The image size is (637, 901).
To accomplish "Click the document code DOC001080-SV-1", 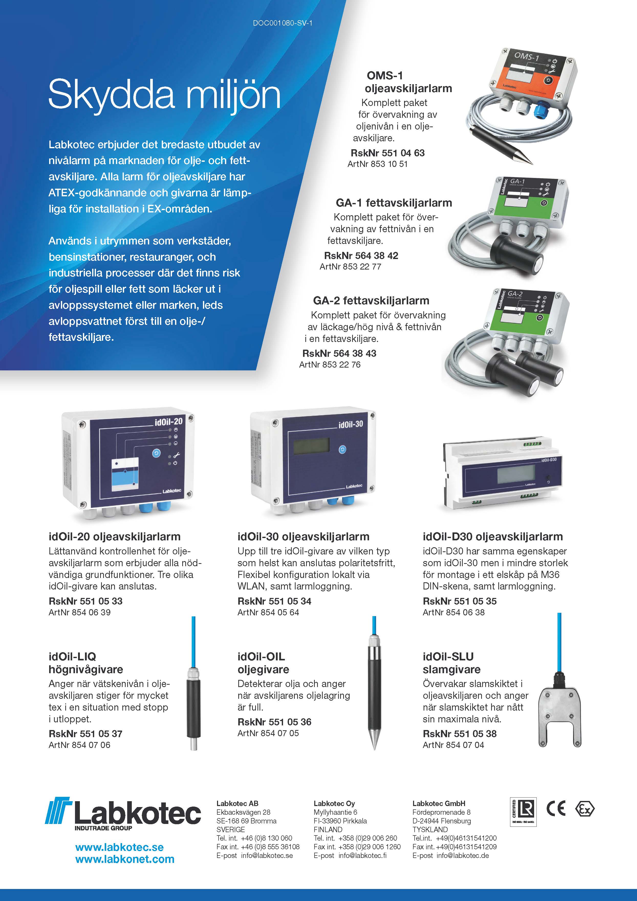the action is click(282, 23).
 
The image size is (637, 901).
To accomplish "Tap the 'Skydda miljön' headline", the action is click(164, 94).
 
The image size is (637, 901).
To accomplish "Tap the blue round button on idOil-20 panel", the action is click(156, 453).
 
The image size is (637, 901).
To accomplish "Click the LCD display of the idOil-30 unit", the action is click(311, 446).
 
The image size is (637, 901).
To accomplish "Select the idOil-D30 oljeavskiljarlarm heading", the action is click(493, 537).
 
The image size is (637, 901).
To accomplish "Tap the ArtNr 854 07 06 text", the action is click(80, 745).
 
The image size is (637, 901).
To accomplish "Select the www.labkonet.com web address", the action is click(125, 859).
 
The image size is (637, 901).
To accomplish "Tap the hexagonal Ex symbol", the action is click(585, 809).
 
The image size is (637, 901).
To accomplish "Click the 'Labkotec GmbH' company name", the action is click(438, 803).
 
